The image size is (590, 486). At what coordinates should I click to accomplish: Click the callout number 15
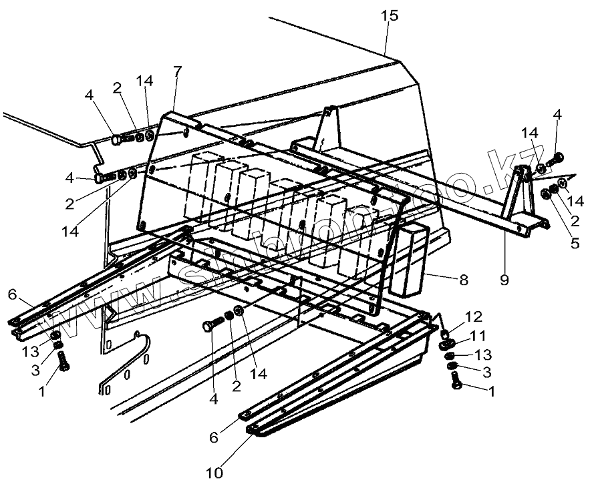[389, 15]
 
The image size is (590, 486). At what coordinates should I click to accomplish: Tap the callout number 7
[177, 71]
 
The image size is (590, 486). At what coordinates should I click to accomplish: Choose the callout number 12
[474, 316]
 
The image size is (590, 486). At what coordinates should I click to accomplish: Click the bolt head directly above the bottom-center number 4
[210, 328]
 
